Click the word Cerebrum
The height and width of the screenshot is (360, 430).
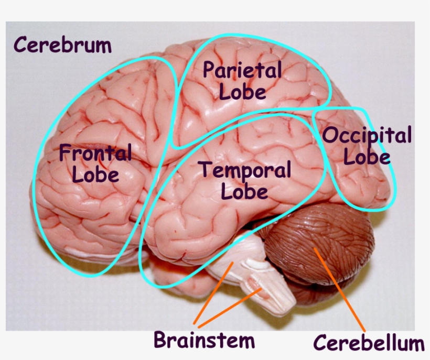click(x=62, y=45)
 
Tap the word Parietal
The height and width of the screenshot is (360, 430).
click(x=242, y=71)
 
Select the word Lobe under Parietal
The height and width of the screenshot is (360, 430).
click(x=242, y=92)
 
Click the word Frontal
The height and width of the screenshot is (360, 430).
click(x=95, y=154)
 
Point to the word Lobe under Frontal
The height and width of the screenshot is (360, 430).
click(x=95, y=174)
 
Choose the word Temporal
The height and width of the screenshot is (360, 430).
click(x=244, y=170)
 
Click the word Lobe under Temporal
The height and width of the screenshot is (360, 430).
click(x=244, y=192)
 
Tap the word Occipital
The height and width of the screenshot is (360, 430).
click(x=367, y=136)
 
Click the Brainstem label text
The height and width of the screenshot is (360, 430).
click(x=204, y=340)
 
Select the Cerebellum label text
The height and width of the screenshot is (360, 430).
click(x=369, y=343)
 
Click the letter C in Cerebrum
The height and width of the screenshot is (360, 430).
click(x=21, y=45)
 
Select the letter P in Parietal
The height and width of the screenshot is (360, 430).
click(x=209, y=71)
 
